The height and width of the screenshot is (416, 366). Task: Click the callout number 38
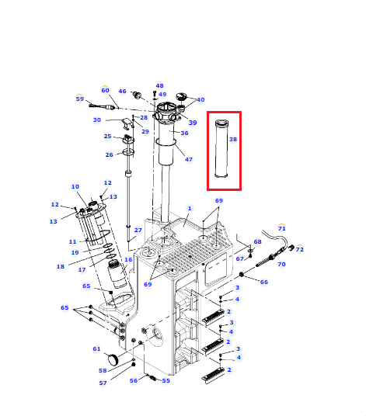click(233, 139)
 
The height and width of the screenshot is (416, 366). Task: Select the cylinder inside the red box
click(221, 148)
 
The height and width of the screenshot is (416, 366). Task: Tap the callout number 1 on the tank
click(190, 208)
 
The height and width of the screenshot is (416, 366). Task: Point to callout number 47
click(189, 159)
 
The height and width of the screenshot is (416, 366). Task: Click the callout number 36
click(184, 133)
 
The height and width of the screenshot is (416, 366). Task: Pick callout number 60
click(105, 90)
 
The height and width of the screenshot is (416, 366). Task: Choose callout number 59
click(80, 99)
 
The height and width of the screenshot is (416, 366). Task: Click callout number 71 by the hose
click(281, 228)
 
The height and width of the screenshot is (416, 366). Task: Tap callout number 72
click(300, 249)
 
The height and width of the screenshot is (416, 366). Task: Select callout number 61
click(96, 348)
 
